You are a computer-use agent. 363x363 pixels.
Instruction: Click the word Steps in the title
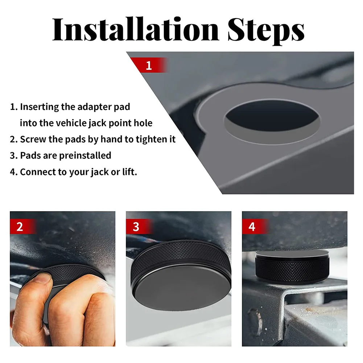coord(266,31)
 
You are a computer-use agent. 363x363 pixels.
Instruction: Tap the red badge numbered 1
coord(149,65)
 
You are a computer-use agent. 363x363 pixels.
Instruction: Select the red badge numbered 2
coord(23,226)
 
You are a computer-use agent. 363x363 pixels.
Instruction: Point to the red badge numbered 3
coord(139,226)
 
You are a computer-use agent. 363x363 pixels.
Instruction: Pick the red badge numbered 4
coord(255,226)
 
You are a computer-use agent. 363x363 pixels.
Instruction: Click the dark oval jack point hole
coord(272,116)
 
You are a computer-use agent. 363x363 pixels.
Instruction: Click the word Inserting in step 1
coord(40,107)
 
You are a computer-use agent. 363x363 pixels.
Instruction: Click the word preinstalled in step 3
coord(85,156)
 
